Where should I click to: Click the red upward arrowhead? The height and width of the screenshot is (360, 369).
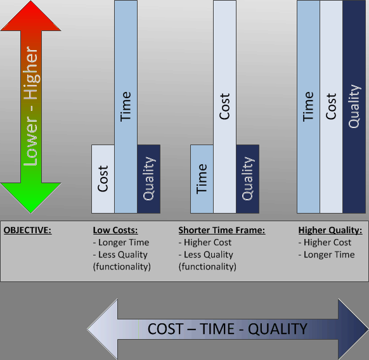[x=31, y=16]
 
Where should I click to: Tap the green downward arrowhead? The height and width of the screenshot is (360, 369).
[x=31, y=198]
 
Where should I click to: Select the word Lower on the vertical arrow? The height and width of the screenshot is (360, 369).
[x=31, y=141]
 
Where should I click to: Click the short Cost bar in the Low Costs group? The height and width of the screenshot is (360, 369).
[x=103, y=179]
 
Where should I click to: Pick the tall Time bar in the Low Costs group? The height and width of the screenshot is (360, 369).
[x=126, y=107]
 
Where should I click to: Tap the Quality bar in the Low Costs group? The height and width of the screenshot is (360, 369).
[x=149, y=179]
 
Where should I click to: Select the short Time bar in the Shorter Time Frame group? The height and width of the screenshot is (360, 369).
[x=202, y=179]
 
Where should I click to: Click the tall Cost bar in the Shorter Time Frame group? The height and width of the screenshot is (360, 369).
[x=224, y=107]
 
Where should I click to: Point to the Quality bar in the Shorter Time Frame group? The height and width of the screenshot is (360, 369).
[x=248, y=179]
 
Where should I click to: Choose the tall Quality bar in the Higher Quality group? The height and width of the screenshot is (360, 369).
[x=354, y=107]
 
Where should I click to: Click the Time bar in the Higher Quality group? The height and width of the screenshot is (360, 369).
[x=308, y=107]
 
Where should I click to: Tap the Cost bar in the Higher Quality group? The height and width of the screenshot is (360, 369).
[x=331, y=107]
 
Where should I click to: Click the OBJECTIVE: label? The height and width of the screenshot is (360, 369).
[x=27, y=230]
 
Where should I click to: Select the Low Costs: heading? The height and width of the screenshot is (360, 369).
[x=115, y=230]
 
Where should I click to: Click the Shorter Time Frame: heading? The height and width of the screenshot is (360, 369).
[x=222, y=230]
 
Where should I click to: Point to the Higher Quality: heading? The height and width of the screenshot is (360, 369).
[x=330, y=230]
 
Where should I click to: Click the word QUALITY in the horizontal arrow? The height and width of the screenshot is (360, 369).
[x=278, y=329]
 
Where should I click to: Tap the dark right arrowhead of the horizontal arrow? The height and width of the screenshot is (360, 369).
[x=353, y=329]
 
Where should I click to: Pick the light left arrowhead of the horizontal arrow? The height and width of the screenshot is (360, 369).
[x=102, y=329]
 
